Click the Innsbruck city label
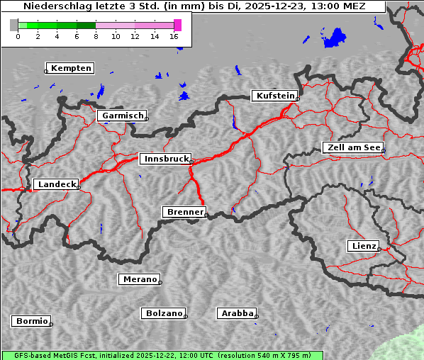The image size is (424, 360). coord(164,159)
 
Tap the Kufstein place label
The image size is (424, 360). coord(274,96)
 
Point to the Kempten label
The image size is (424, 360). coord(69,68)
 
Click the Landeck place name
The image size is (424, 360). coord(55,184)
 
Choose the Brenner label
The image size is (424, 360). coord(184,212)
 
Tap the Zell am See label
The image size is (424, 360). coord(353,147)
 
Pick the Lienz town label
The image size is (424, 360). coord(362,246)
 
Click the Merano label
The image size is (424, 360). coord(139,279)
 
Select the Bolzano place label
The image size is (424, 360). coord(164,313)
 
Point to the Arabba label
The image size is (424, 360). coord(236,313)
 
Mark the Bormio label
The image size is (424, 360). coord(31,321)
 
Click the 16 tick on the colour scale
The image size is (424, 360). coord(174,36)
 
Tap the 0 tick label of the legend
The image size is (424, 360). coord(18,36)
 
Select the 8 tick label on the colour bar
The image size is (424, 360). coord(96,36)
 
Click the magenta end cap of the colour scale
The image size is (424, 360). coord(177,25)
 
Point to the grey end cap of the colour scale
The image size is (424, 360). coord(13,25)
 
